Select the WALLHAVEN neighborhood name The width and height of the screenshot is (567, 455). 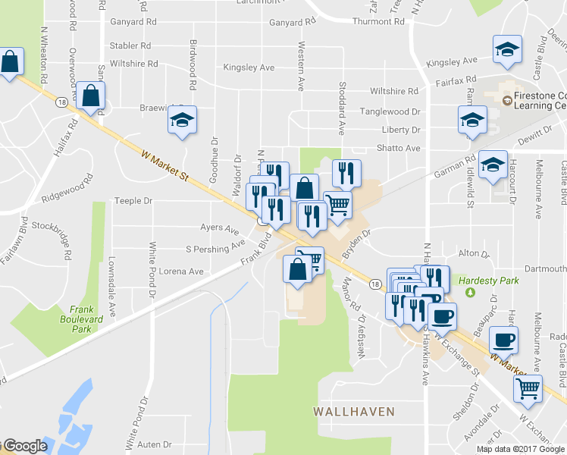(x=354, y=412)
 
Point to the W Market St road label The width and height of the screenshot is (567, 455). (x=164, y=166)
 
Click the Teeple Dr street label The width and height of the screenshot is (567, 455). (x=133, y=201)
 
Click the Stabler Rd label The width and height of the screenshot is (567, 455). (x=130, y=45)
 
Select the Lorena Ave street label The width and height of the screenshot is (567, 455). (x=185, y=271)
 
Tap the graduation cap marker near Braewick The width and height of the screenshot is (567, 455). (x=181, y=121)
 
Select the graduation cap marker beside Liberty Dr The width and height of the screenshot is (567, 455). (x=471, y=120)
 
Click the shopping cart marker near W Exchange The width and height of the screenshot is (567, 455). (x=528, y=388)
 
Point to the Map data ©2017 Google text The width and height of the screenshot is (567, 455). (x=520, y=449)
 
